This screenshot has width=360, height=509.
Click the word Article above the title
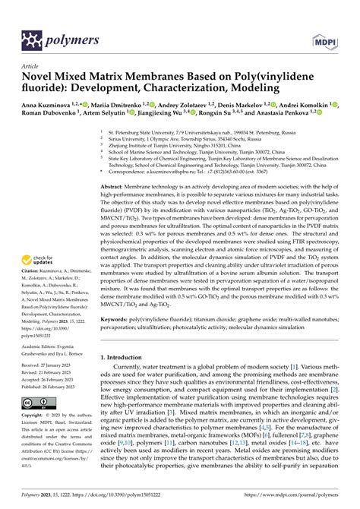(32, 66)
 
